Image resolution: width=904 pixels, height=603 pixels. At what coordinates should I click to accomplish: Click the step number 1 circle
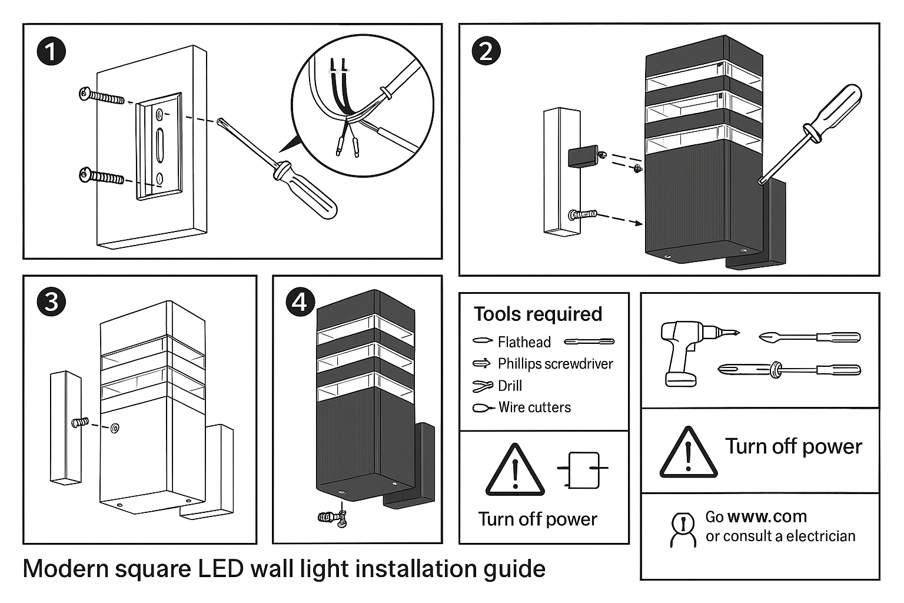click(51, 51)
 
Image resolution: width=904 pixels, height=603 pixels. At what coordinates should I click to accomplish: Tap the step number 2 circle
click(486, 51)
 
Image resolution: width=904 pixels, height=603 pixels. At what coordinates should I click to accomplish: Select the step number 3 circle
click(51, 301)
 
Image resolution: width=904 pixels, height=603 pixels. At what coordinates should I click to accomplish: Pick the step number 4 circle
click(300, 301)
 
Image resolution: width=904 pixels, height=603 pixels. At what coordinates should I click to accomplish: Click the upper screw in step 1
click(101, 95)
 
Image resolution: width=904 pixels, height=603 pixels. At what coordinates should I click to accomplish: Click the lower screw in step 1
click(101, 175)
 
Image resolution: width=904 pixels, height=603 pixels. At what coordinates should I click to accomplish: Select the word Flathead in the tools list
click(524, 342)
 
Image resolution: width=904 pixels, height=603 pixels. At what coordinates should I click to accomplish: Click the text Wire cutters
click(534, 407)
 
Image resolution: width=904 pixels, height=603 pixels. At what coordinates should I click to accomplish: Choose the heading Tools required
click(538, 314)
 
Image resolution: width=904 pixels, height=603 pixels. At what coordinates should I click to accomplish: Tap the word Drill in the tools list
click(510, 386)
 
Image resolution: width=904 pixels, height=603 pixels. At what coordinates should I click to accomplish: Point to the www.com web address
click(767, 516)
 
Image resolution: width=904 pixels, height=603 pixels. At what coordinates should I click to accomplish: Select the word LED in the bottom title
click(221, 569)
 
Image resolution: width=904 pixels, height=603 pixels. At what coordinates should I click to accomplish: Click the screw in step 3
click(80, 423)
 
